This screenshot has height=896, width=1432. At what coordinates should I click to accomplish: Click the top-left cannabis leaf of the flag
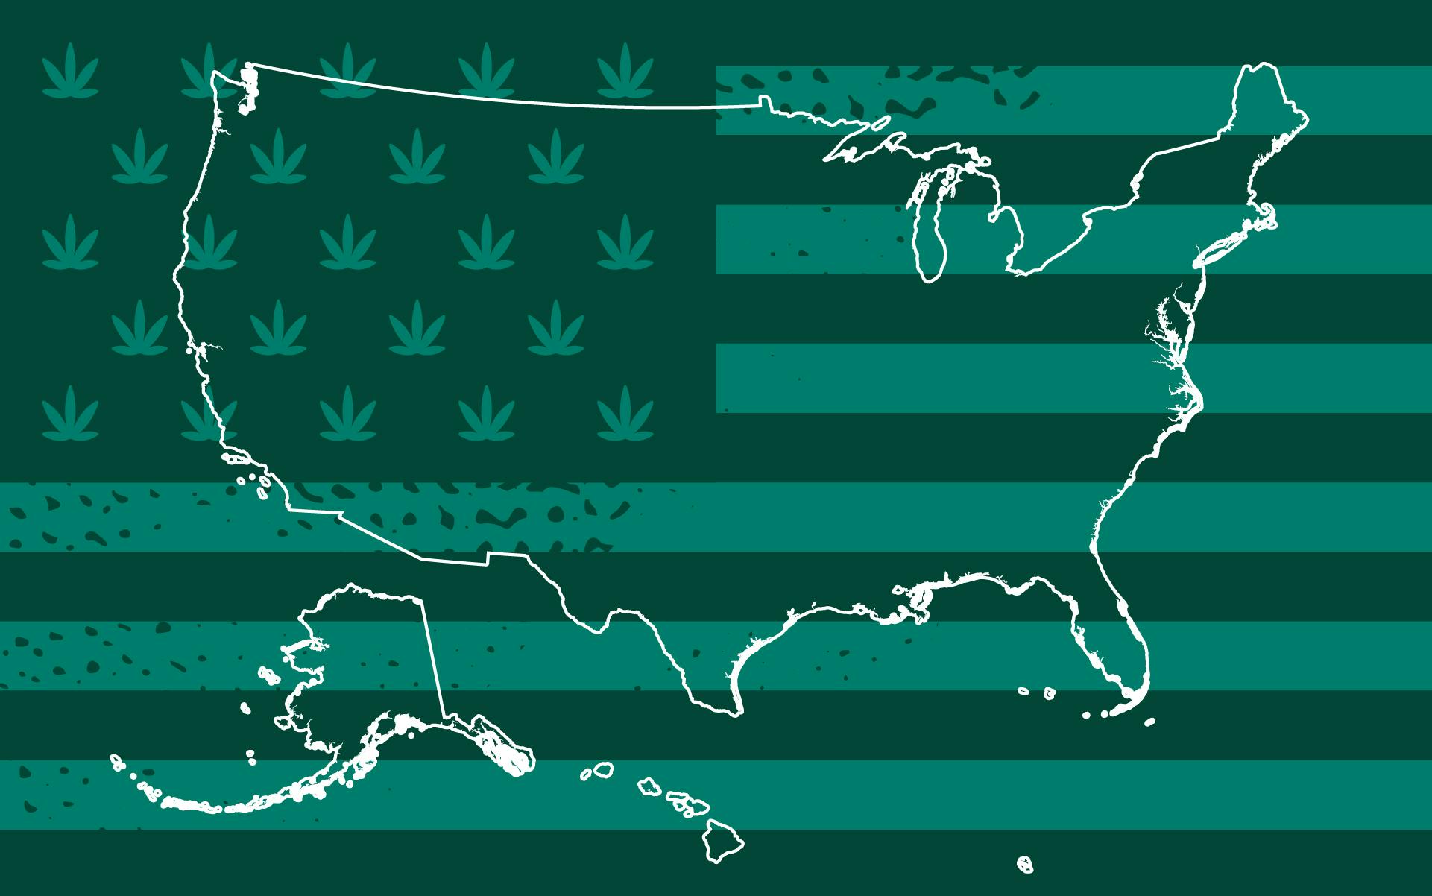tap(70, 71)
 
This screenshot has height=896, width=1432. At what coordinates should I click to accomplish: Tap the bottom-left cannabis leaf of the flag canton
tap(70, 414)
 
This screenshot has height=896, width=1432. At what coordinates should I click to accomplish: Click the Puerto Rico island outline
tap(1026, 865)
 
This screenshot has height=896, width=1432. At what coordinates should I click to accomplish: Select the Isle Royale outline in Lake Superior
tap(880, 123)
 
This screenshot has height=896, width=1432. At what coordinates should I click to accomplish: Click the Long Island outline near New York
tap(1223, 246)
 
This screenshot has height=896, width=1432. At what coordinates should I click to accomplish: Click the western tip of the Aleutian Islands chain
tap(116, 760)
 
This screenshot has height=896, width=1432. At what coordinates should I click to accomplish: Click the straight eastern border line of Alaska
tap(436, 656)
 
